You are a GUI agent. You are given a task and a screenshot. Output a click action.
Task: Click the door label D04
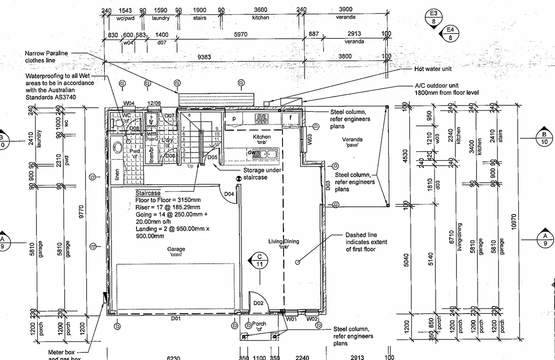tap(229, 194)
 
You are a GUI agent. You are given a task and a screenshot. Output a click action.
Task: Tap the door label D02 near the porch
tap(259, 303)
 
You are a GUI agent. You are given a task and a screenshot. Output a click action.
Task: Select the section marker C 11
tap(260, 259)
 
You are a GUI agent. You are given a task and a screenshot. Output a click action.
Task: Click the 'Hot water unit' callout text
tap(432, 69)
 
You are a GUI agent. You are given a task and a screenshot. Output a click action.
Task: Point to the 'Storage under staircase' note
tap(262, 173)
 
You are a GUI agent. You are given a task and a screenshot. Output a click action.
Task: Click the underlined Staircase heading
tap(148, 193)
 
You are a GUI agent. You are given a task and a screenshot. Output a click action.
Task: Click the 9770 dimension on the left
tap(81, 211)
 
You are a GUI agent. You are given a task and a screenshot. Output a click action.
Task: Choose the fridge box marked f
tap(290, 117)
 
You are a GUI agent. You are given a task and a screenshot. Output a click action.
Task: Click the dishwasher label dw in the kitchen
tap(250, 153)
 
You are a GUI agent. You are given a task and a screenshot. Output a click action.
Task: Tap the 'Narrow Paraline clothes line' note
tap(47, 56)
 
